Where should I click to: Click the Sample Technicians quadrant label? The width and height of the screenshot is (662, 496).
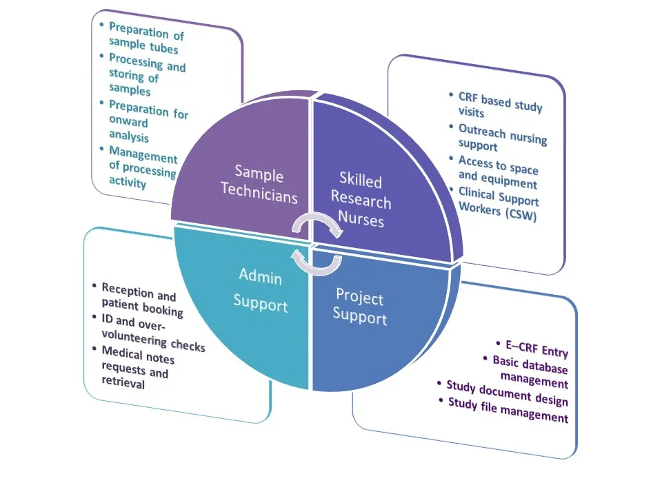pos(259,184)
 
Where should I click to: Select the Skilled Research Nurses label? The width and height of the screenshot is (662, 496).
pos(360,200)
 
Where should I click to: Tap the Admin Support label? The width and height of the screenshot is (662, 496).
pos(260,290)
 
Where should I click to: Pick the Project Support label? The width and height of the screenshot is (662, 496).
pos(359,307)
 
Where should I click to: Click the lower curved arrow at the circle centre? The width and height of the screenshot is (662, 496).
pos(317,262)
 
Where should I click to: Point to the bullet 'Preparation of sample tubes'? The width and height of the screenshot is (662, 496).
pos(146,39)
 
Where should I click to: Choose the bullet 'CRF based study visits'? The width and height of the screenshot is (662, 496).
pos(499,106)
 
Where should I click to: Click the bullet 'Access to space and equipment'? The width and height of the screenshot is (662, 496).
pos(497,172)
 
